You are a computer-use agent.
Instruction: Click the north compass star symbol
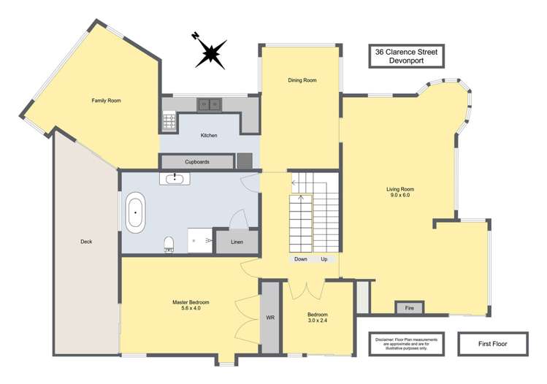(210, 53)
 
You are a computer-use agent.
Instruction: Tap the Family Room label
(106, 100)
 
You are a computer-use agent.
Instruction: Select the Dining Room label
(302, 80)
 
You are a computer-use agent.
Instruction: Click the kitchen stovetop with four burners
(169, 120)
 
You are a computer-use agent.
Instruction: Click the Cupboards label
(197, 161)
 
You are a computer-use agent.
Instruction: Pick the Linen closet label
(237, 242)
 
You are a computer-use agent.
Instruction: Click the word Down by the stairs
(300, 259)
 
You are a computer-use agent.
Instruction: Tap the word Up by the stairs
(324, 259)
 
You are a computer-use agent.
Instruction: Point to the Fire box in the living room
(410, 308)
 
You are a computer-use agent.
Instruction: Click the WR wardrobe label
(270, 318)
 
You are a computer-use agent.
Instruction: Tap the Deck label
(86, 242)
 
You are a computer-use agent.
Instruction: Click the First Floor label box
(493, 342)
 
